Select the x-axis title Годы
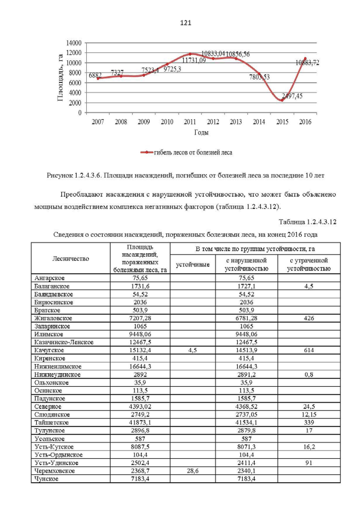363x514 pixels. coord(200,133)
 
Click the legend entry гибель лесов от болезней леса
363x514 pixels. coord(187,152)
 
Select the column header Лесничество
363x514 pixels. coord(71,258)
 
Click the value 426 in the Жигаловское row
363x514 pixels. coord(309,319)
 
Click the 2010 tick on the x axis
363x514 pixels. coord(167,122)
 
